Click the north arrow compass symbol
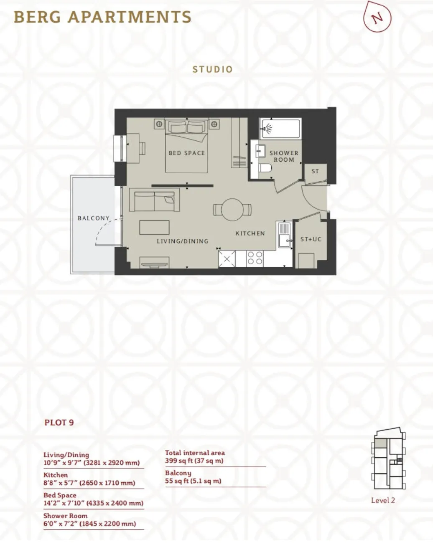pos(377,17)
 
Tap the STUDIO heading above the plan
pos(213,69)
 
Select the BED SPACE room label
pos(187,153)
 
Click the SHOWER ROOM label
pos(284,156)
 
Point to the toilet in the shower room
pos(265,168)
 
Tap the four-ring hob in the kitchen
pos(255,258)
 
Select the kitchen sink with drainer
pos(285,235)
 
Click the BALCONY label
pos(94,218)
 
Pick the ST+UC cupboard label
pos(311,239)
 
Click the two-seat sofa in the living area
pos(154,200)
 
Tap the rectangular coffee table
pos(154,227)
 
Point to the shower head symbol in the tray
pos(267,129)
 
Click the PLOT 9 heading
pos(59,422)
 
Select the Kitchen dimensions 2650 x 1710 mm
pos(89,483)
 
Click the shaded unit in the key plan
pos(380,443)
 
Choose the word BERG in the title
pos(38,17)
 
